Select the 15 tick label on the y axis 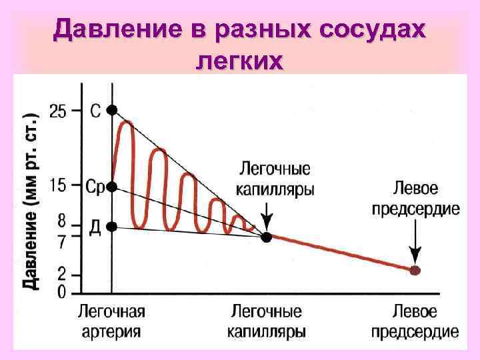(x=58, y=186)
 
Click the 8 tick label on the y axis (x=62, y=219)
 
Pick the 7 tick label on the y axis (x=62, y=242)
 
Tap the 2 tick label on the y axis (x=62, y=275)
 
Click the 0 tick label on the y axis (x=62, y=291)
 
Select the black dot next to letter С (x=112, y=110)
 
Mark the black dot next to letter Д (x=112, y=227)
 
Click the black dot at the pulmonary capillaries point (x=266, y=237)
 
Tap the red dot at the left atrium (x=415, y=271)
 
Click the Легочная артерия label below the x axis (x=111, y=321)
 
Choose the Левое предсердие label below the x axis (x=415, y=321)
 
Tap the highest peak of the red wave (x=127, y=122)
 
